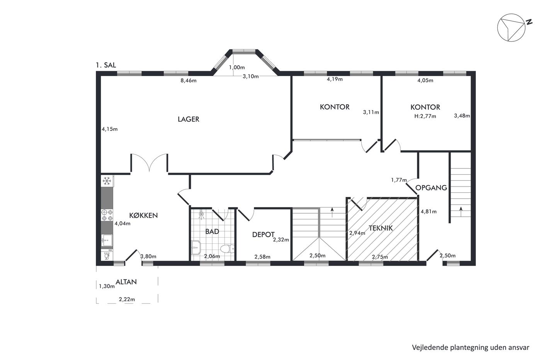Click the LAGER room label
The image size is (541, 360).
pyautogui.click(x=189, y=119)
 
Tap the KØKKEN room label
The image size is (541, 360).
pyautogui.click(x=143, y=216)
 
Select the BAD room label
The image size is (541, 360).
pyautogui.click(x=212, y=231)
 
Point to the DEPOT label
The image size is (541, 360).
pyautogui.click(x=263, y=234)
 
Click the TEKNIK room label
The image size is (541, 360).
pyautogui.click(x=381, y=228)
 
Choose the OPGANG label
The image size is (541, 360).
pyautogui.click(x=431, y=188)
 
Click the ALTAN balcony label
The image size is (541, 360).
pyautogui.click(x=126, y=282)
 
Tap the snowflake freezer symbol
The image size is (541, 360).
pyautogui.click(x=107, y=181)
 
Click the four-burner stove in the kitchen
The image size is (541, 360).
pyautogui.click(x=107, y=215)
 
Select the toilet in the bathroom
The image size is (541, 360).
pyautogui.click(x=227, y=248)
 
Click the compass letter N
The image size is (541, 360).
pyautogui.click(x=529, y=22)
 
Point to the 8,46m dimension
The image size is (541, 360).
pyautogui.click(x=189, y=81)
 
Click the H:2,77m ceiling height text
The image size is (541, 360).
pyautogui.click(x=425, y=116)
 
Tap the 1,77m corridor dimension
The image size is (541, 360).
pyautogui.click(x=399, y=180)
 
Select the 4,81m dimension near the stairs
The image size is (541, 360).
pyautogui.click(x=429, y=212)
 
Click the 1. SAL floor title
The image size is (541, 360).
pyautogui.click(x=106, y=65)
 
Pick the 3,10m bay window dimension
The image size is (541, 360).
pyautogui.click(x=251, y=76)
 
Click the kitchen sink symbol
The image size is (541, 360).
pyautogui.click(x=107, y=241)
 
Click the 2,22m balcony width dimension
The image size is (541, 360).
pyautogui.click(x=127, y=299)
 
